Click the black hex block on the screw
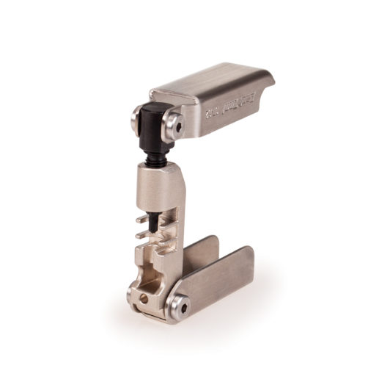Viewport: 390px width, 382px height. [157, 124]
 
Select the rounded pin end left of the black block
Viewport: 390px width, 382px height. [137, 117]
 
